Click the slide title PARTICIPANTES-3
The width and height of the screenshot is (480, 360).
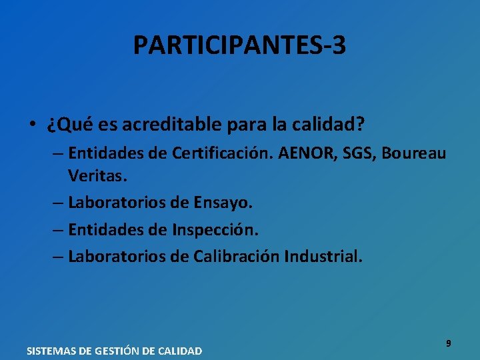tap(239, 45)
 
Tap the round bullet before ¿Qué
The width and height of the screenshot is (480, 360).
tap(32, 125)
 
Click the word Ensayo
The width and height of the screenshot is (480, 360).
tap(221, 202)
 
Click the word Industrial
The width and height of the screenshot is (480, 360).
tap(324, 256)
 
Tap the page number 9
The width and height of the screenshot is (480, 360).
tap(448, 343)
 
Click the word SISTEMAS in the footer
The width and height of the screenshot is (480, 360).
tap(53, 351)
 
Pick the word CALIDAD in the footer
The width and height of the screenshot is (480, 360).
tap(180, 351)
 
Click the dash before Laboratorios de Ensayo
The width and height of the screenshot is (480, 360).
tap(57, 202)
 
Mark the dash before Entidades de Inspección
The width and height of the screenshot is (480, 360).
tap(57, 229)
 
